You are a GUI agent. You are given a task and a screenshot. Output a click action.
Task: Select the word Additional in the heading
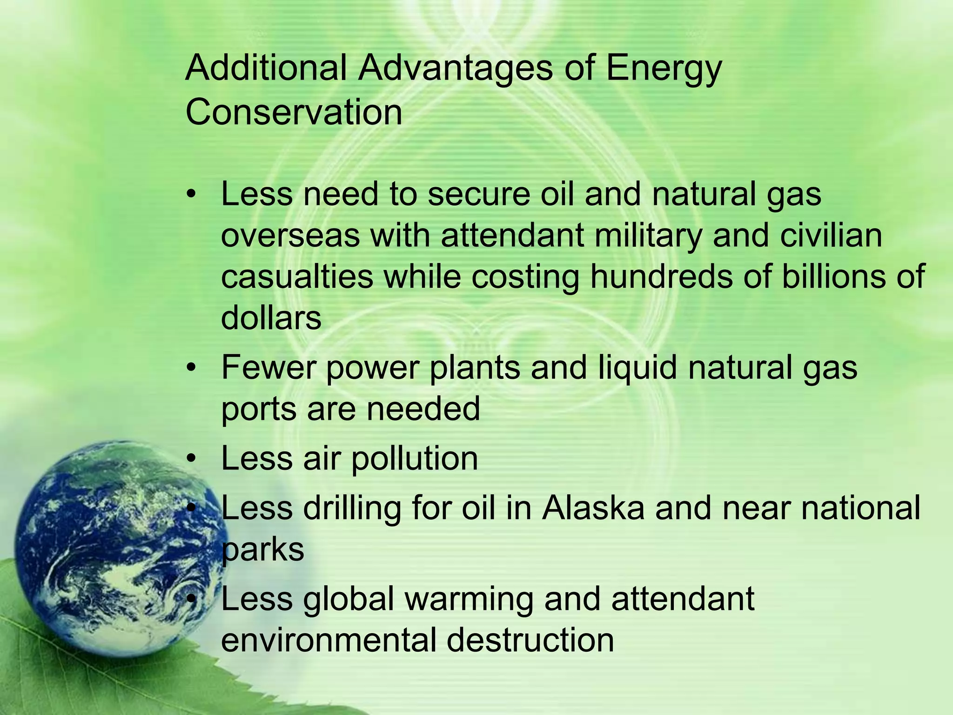click(266, 68)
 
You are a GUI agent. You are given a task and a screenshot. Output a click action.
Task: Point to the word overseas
click(290, 236)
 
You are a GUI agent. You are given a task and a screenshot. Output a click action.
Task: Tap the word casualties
click(297, 277)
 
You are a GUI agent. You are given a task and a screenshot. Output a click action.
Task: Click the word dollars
click(271, 318)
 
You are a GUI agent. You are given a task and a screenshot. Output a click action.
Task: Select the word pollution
click(414, 459)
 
